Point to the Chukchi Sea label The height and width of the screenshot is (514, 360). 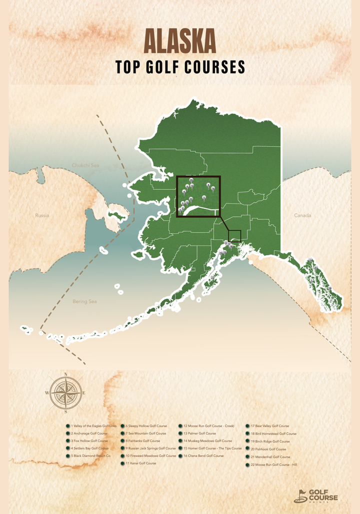[85, 165]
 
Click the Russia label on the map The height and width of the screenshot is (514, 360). [42, 216]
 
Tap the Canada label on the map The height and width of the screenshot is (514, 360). [302, 216]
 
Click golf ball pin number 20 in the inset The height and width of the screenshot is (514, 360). [191, 180]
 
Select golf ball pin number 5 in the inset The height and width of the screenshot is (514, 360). [204, 197]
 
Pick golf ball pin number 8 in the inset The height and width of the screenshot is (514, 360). [208, 185]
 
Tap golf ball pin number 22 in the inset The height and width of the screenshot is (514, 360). [191, 199]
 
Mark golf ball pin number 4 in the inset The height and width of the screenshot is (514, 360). [184, 191]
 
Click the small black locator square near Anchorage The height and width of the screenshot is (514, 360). [234, 236]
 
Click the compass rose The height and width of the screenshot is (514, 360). [65, 393]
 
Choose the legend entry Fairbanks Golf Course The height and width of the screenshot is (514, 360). [142, 441]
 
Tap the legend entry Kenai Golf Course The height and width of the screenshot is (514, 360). [140, 464]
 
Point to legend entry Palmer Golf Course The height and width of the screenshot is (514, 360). [199, 434]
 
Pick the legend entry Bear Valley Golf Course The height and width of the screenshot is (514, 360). [269, 426]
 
